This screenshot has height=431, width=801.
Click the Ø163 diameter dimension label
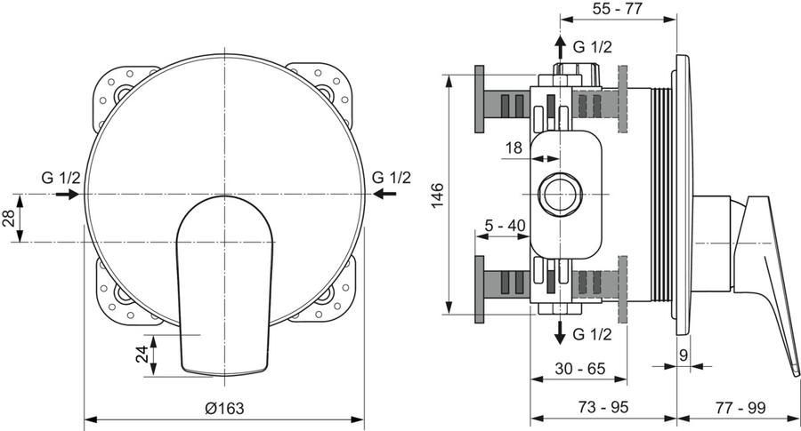click(x=224, y=409)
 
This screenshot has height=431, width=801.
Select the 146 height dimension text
click(x=438, y=196)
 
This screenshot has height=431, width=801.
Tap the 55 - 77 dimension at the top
click(x=619, y=9)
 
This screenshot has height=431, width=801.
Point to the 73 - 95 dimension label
click(x=603, y=407)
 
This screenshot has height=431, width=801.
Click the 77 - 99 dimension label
click(x=740, y=408)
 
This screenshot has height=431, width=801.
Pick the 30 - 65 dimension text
click(x=579, y=368)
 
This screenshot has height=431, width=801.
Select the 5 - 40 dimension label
click(x=506, y=225)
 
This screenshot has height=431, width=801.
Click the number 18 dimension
click(x=514, y=148)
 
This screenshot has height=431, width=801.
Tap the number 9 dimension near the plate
click(x=684, y=355)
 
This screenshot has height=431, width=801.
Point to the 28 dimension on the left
click(x=8, y=219)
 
